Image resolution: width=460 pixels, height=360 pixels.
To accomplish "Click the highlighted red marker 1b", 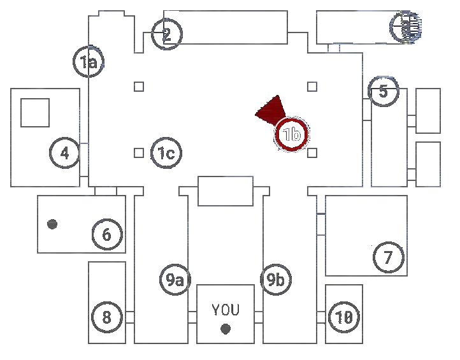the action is (292, 134).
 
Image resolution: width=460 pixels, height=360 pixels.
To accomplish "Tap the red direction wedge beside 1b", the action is (271, 110).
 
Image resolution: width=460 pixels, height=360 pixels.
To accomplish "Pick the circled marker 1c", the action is (166, 152).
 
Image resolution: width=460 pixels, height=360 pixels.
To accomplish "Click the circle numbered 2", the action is (167, 34).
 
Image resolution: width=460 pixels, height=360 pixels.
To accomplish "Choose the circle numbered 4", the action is (65, 152).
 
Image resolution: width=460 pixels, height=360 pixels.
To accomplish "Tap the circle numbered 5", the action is (384, 91).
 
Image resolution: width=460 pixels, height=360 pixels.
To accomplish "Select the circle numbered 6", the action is (107, 234).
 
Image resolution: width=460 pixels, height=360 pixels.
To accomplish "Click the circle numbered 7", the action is (388, 257).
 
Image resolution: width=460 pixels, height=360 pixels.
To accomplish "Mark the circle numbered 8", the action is (107, 317).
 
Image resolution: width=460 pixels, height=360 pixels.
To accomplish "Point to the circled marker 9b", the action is (277, 278).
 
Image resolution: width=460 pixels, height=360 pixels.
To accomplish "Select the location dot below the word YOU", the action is (224, 329).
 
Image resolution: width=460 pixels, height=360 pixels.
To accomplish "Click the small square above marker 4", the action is (36, 112).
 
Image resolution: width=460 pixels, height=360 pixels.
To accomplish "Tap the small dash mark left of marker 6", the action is (53, 224).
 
